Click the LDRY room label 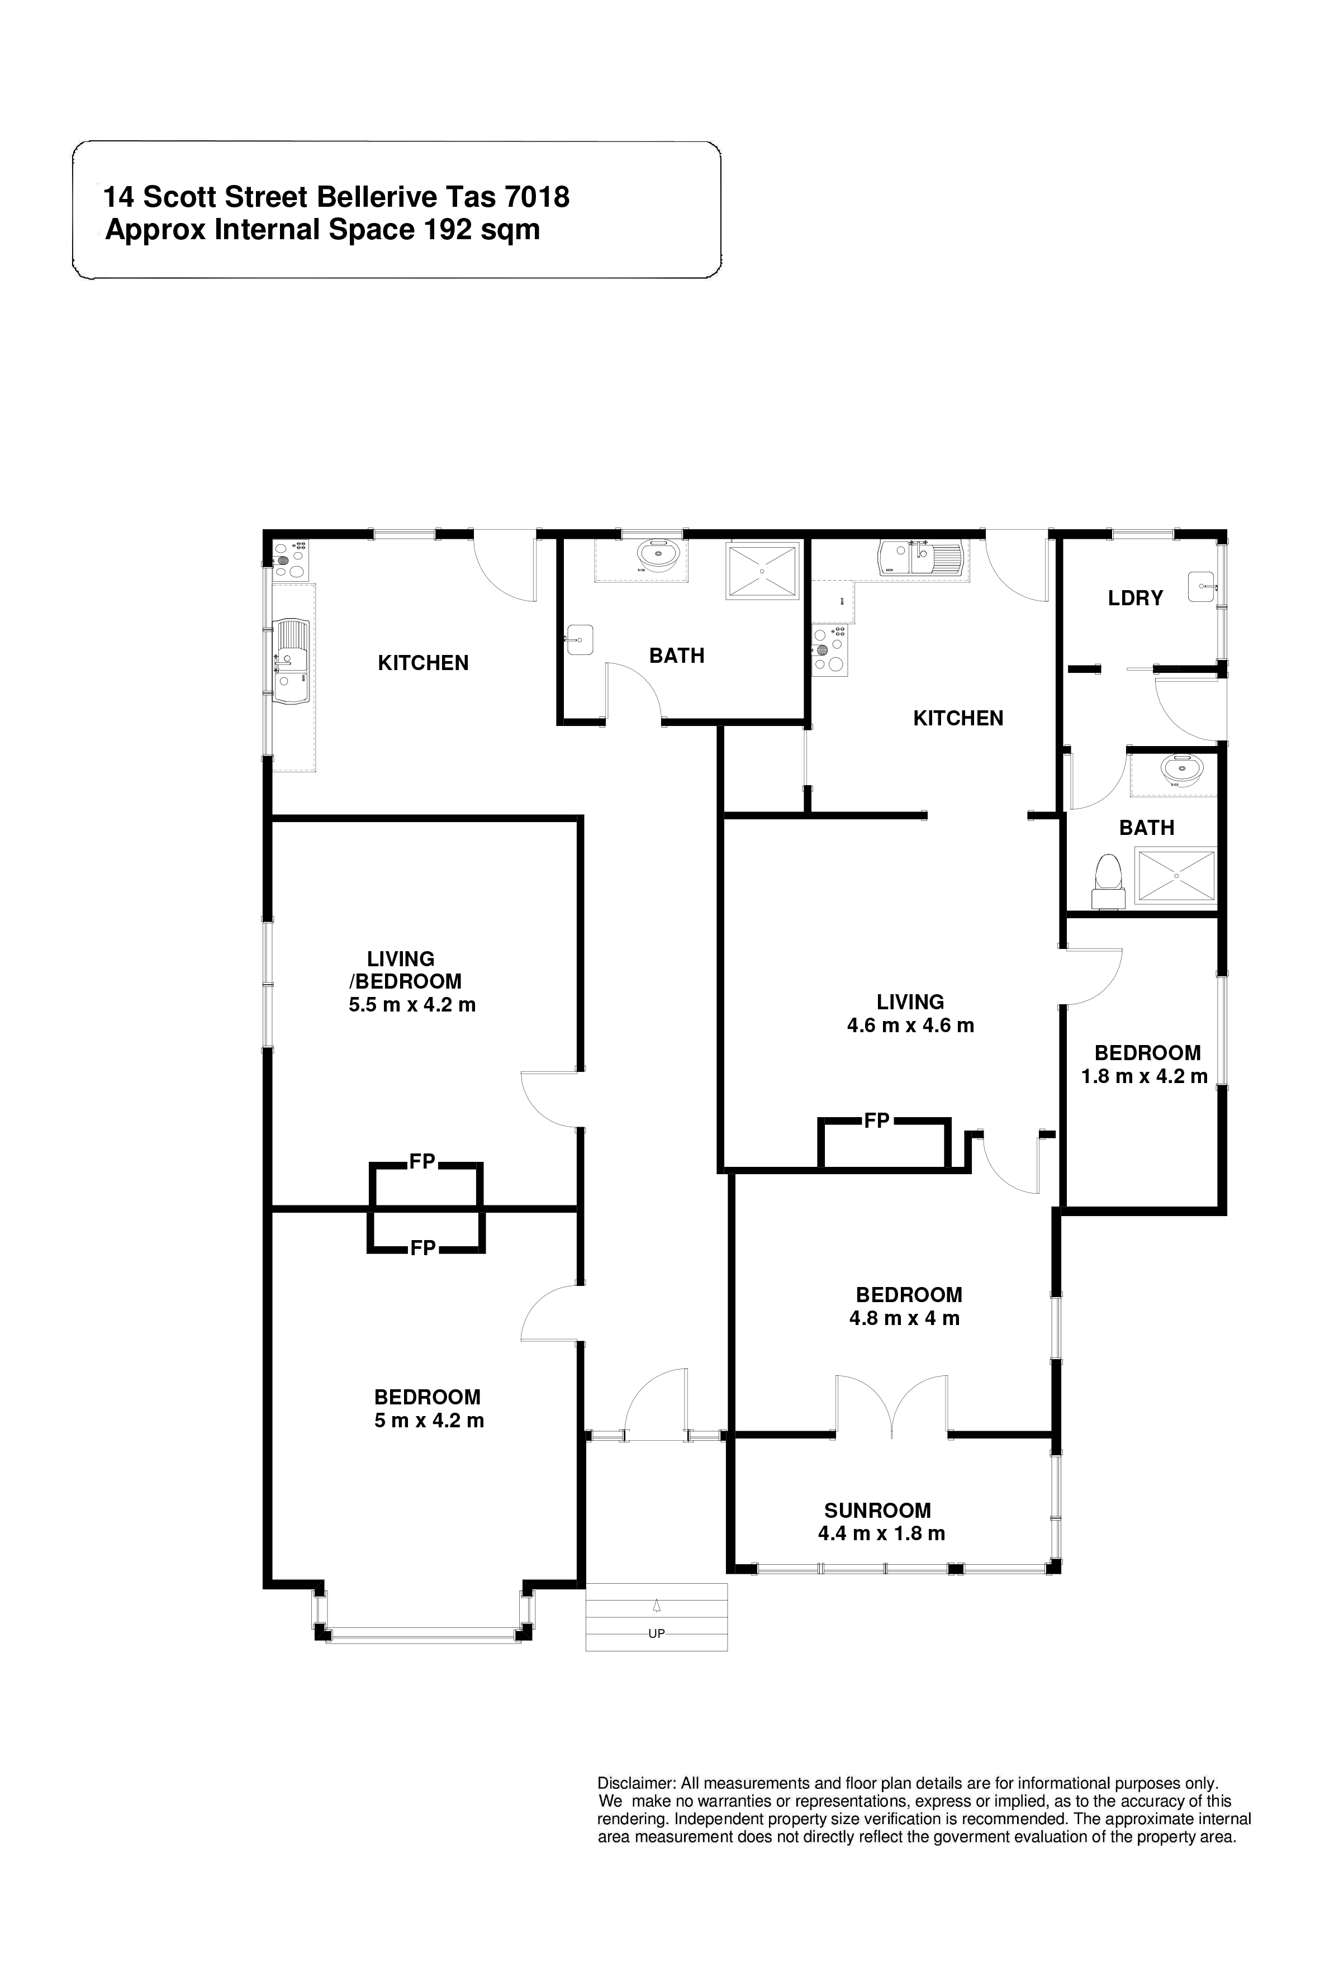pos(1135,599)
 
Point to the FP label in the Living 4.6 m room pos(876,1120)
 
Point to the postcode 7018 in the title pos(536,197)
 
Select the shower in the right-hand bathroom pos(1177,876)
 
